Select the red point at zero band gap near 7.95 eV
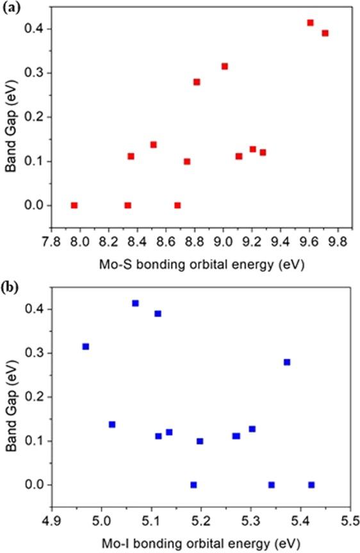[74, 205]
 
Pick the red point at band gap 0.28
[197, 82]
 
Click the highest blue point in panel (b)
[135, 303]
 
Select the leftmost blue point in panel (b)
[86, 346]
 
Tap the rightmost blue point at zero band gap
[311, 485]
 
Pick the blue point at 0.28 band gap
[287, 362]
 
